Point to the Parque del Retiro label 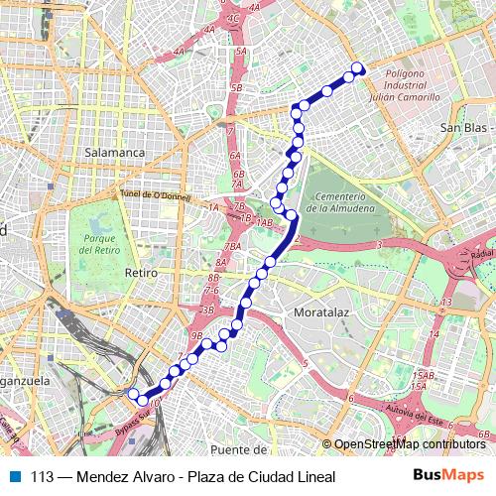pos(101,245)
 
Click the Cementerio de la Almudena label pos(340,202)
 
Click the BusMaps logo pos(447,475)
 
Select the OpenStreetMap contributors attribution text pos(409,444)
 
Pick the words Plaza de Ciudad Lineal pos(262,476)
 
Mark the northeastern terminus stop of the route pos(359,68)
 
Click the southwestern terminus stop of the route pos(133,394)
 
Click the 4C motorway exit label pos(234,18)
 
